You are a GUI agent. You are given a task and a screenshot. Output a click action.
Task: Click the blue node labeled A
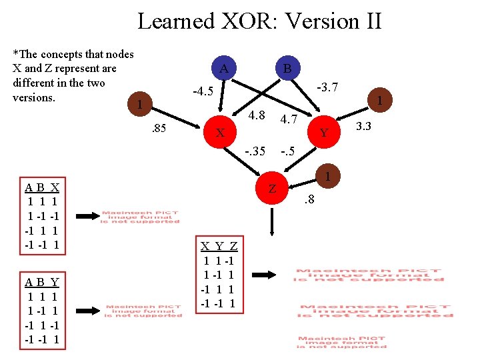click(x=224, y=68)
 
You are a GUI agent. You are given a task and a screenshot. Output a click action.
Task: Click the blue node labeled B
click(x=287, y=68)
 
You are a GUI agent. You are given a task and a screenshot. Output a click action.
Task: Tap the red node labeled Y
click(x=324, y=132)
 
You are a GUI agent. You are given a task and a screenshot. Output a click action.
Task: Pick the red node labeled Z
click(x=272, y=189)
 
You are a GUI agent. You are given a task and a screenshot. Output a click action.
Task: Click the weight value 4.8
click(x=257, y=117)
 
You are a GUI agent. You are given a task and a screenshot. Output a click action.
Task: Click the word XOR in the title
click(x=249, y=21)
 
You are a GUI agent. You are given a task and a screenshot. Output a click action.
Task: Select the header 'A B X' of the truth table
click(x=42, y=187)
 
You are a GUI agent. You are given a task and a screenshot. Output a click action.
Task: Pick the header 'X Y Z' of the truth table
click(x=219, y=246)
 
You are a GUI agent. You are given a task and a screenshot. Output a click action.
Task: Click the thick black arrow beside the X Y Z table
click(x=270, y=275)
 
